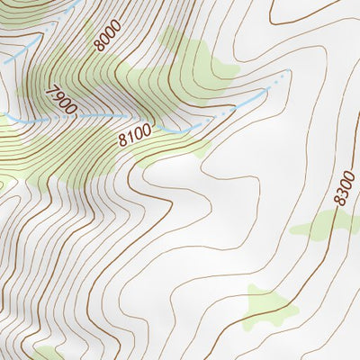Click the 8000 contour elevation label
106,37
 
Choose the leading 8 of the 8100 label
121,140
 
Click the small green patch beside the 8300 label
319,225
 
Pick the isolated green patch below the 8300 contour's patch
270,306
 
